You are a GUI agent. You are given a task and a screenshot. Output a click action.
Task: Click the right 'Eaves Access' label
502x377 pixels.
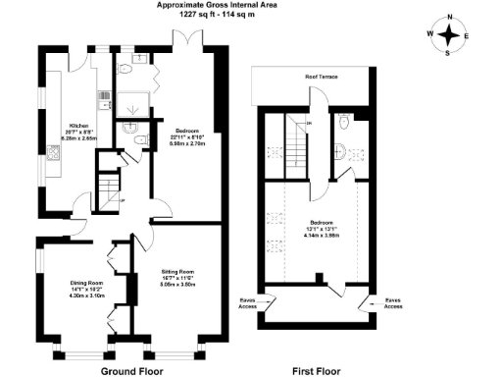(x=393, y=302)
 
